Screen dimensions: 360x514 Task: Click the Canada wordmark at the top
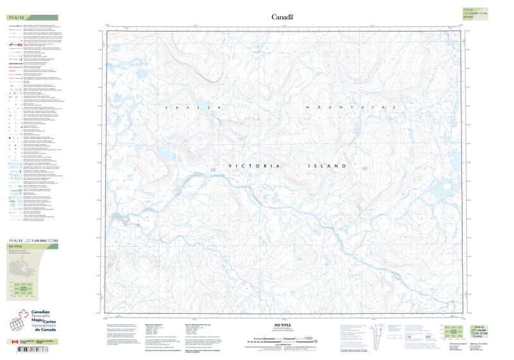click(282, 17)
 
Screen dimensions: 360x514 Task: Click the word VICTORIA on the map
click(254, 166)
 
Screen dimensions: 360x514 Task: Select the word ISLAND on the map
click(328, 166)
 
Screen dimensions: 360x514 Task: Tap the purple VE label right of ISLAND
click(366, 168)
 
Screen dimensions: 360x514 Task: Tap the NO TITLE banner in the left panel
click(13, 246)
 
